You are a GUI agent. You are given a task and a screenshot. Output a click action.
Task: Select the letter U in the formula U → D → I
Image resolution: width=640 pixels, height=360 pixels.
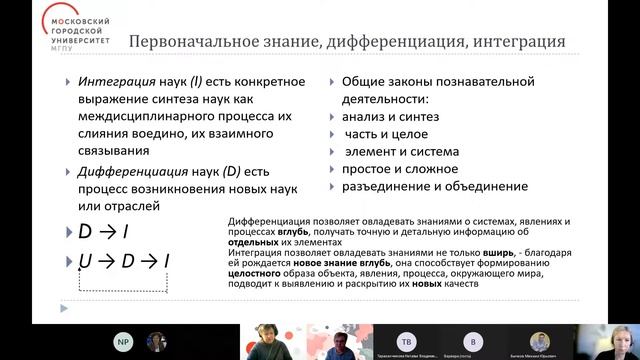tap(85, 262)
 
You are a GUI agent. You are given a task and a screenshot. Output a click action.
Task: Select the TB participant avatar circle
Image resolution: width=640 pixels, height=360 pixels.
tap(407, 337)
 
